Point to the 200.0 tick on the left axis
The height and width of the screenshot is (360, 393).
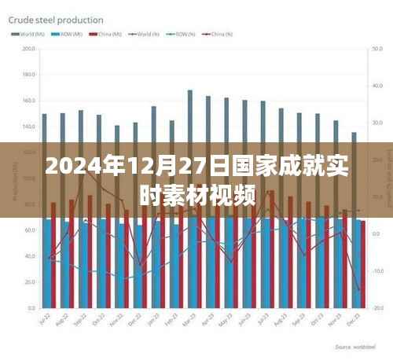pyautogui.click(x=29, y=50)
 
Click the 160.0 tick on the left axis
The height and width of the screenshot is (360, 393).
pyautogui.click(x=29, y=101)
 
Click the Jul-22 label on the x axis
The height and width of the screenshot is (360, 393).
pyautogui.click(x=45, y=321)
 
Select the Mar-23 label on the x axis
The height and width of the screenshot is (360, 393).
pyautogui.click(x=189, y=321)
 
